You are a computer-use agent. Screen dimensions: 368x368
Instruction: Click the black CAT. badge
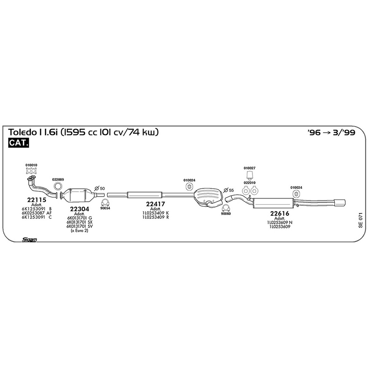[x=18, y=143]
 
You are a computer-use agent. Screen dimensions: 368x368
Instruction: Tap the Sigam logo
[x=29, y=240]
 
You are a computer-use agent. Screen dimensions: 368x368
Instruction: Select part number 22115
[x=37, y=200]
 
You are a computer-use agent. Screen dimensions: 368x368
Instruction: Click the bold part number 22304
[x=79, y=209]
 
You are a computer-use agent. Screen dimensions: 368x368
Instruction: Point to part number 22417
[x=155, y=204]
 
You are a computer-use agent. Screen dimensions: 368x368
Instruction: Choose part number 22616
[x=280, y=213]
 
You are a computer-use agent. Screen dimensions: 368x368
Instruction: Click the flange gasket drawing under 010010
[x=31, y=171]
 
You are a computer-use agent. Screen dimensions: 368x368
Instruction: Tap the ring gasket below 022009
[x=58, y=186]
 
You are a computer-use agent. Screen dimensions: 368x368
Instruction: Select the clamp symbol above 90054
[x=105, y=203]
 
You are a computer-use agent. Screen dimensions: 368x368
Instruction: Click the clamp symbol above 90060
[x=226, y=208]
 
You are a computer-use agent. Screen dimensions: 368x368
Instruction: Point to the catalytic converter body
[x=78, y=195]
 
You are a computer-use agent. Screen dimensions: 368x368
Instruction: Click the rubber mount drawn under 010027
[x=250, y=175]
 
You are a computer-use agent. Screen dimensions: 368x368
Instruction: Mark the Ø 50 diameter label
[x=99, y=189]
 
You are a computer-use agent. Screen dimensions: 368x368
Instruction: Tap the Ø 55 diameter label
[x=228, y=190]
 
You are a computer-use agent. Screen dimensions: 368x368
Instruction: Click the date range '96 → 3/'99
[x=331, y=132]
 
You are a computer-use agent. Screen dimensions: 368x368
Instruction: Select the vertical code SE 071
[x=360, y=220]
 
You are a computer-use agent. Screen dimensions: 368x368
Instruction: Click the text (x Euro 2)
[x=79, y=231]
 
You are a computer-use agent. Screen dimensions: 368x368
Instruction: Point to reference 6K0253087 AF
[x=37, y=213]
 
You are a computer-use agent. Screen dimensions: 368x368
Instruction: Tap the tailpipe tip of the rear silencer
[x=339, y=203]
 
